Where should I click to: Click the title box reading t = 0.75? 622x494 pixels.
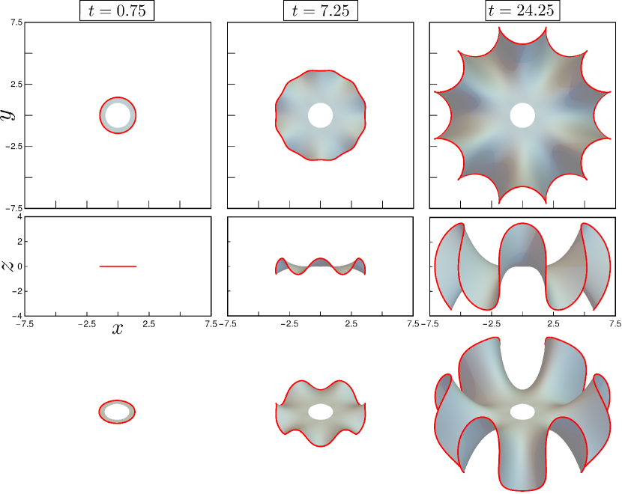(x=117, y=10)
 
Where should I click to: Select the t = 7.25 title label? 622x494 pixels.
(x=321, y=10)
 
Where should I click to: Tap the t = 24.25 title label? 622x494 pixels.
(x=522, y=10)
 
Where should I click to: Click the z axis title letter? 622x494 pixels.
(x=7, y=266)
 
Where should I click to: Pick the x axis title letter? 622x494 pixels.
(x=118, y=329)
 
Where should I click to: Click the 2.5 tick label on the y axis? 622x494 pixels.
(x=16, y=84)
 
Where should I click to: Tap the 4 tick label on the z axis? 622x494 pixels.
(x=19, y=217)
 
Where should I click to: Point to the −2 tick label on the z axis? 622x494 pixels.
(x=16, y=291)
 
